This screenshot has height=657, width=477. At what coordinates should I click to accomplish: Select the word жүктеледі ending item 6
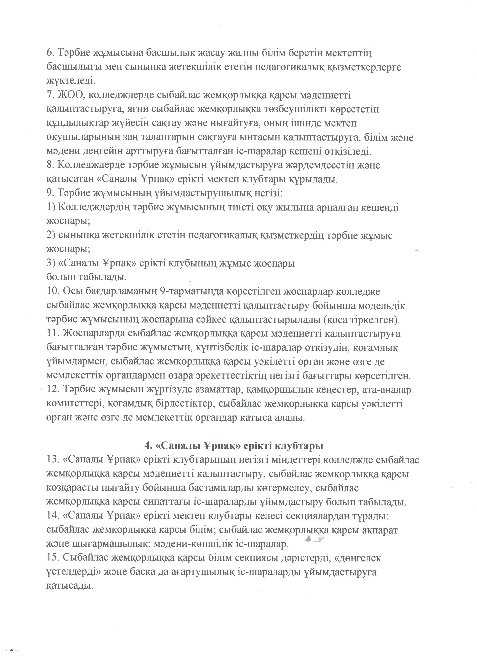click(71, 81)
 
